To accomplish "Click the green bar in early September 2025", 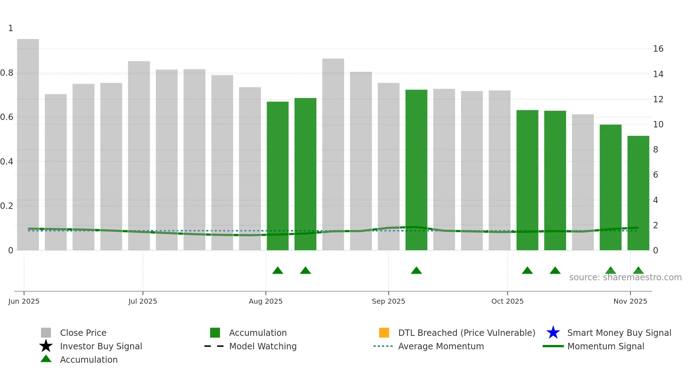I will (416, 170).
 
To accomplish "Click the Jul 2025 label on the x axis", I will (142, 301).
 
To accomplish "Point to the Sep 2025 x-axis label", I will (388, 301).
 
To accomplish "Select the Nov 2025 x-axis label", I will (630, 301).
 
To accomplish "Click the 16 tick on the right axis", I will (658, 49).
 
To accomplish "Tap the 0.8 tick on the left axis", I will (7, 73).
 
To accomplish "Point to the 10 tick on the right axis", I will (658, 125).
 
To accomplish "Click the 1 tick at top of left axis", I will (11, 28).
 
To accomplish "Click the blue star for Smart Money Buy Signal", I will (553, 333).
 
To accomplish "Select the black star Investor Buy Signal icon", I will (46, 346).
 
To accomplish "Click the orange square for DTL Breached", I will (384, 333).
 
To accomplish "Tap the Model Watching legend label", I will (263, 346).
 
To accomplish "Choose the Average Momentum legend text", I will (441, 346).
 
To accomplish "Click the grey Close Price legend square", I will (46, 333).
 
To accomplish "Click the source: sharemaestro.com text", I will (625, 277).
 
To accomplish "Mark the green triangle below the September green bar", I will (416, 271).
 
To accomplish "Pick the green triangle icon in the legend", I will (46, 359).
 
